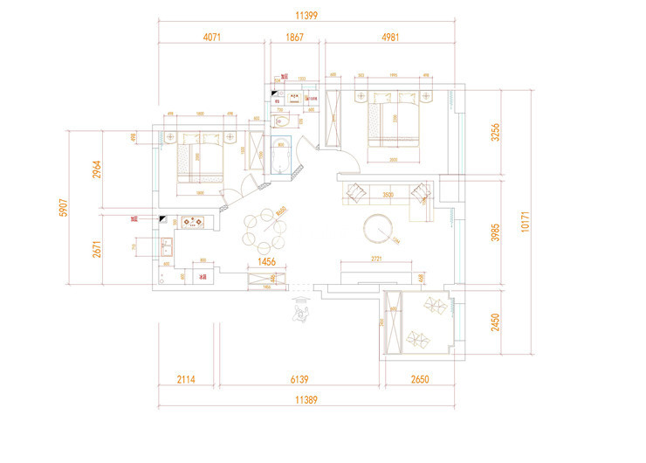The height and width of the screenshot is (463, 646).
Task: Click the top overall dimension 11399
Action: click(306, 15)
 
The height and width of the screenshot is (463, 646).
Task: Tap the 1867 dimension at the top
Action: click(294, 38)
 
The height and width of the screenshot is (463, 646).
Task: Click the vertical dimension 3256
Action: click(495, 132)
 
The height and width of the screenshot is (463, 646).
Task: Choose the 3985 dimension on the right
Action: click(495, 233)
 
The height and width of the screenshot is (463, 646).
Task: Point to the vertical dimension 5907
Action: click(62, 207)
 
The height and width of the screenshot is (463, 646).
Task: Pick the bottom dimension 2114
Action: click(187, 380)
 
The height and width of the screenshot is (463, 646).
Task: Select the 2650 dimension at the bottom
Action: click(419, 380)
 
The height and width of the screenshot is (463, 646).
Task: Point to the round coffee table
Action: click(381, 228)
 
